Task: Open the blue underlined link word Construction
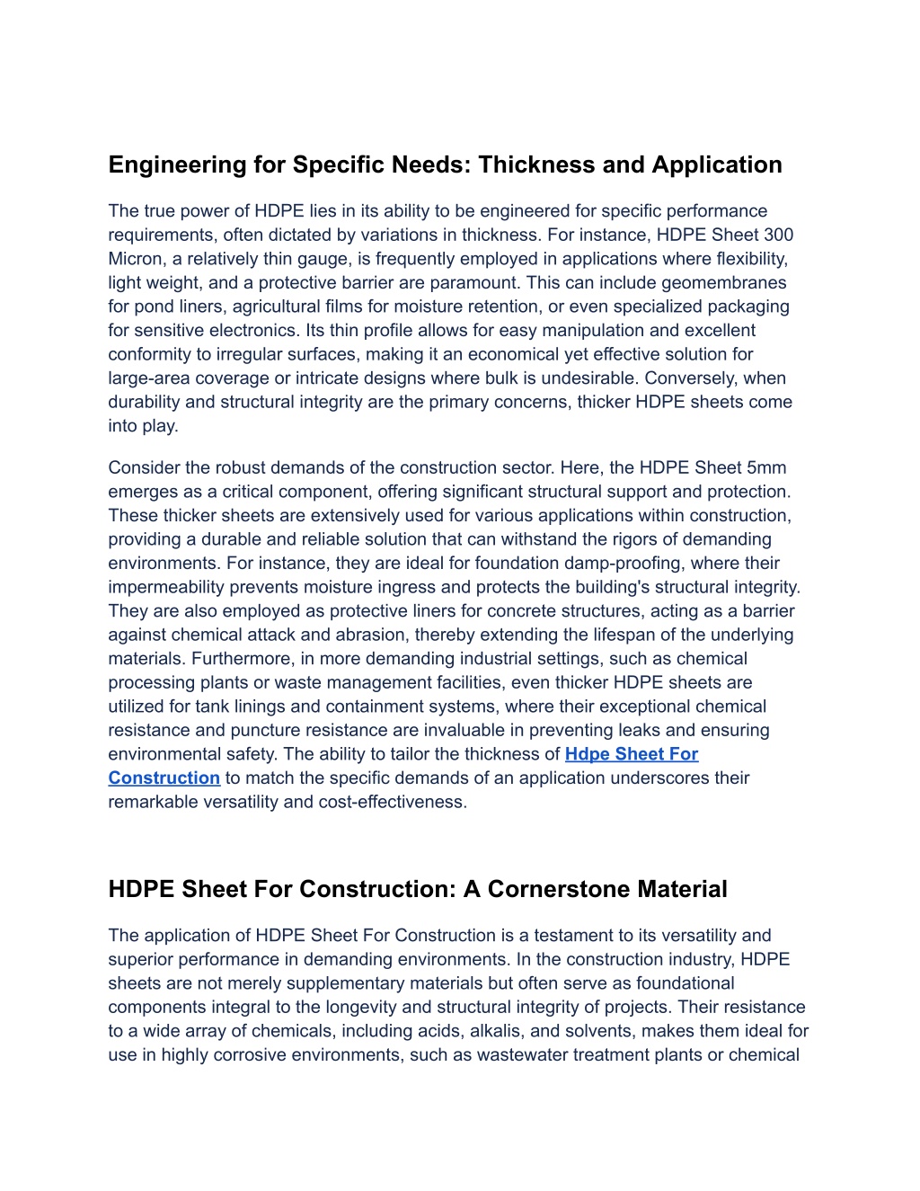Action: (164, 778)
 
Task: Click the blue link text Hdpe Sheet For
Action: (632, 754)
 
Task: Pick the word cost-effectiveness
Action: (395, 802)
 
